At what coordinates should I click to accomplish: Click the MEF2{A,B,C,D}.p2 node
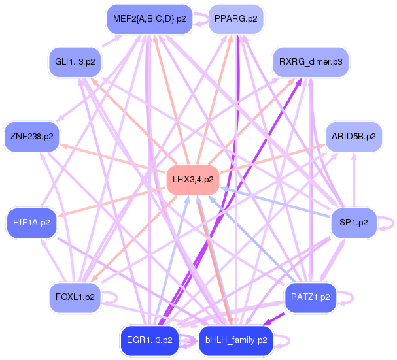coord(149,19)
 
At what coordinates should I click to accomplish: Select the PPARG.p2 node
coord(235,19)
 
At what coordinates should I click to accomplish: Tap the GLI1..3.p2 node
coord(75,62)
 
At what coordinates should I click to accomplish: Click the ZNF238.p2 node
coord(31,137)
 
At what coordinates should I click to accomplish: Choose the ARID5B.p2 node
coord(353,137)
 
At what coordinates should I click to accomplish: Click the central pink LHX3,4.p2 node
coord(192,179)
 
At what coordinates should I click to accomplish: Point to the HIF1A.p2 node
coord(31,222)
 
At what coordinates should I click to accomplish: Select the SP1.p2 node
coord(353,222)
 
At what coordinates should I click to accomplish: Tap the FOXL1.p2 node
coord(75,297)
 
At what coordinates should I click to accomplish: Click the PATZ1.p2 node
coord(310,297)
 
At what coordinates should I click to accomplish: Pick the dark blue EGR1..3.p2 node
coord(149,340)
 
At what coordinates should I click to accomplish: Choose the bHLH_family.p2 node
coord(235,340)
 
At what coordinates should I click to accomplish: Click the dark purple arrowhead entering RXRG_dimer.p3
coord(299,82)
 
